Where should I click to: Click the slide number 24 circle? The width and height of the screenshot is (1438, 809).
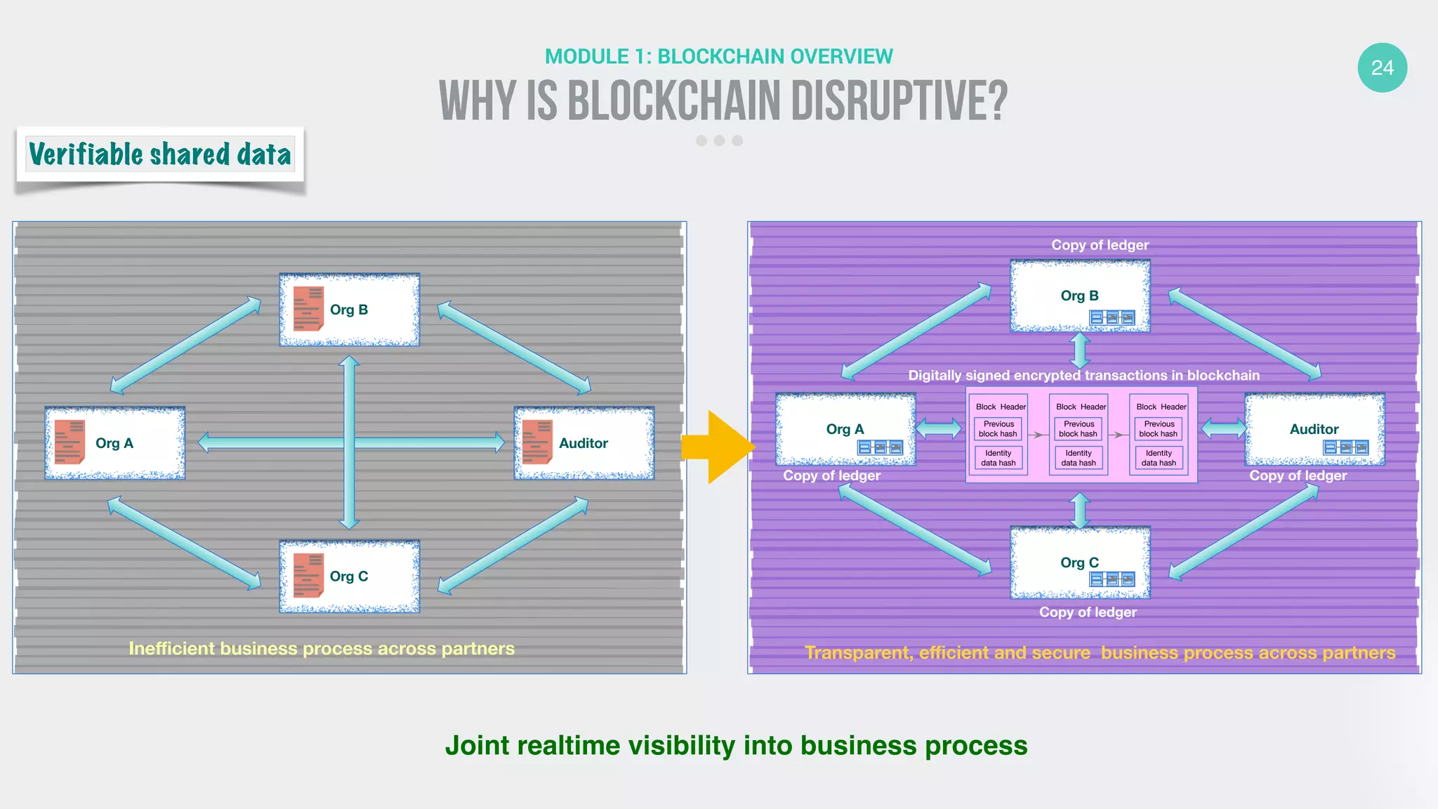1382,68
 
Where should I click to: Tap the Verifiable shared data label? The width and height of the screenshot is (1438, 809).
160,154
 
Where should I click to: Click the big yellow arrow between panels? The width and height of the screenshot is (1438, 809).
720,447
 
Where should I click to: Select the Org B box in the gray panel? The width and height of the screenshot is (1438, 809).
350,310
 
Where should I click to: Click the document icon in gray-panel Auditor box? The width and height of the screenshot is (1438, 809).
537,442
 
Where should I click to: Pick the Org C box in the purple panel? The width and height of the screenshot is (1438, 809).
1080,563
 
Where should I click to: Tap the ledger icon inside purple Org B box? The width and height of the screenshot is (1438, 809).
1112,318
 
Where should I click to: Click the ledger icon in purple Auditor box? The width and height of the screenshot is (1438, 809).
1345,448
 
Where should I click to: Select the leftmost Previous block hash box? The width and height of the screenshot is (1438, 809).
998,429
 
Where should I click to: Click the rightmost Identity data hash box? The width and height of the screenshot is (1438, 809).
1159,458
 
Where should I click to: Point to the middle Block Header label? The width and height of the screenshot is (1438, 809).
1081,407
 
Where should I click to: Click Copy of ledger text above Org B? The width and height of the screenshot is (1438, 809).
1100,245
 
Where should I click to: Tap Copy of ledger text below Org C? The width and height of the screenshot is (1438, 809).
1088,612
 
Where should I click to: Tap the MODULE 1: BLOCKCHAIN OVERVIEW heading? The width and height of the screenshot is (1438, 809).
719,56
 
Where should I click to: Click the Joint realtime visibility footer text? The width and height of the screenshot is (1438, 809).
736,745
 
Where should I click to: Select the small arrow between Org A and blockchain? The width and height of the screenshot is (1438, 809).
939,428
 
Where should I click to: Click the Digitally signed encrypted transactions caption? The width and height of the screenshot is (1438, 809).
1083,375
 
